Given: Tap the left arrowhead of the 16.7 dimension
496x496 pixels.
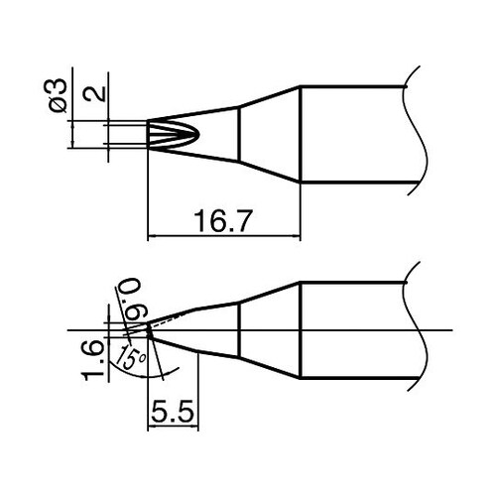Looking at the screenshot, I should point(152,237).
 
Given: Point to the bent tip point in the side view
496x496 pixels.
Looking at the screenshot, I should point(146,328).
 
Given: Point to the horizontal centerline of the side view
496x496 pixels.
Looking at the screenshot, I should point(377,328).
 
